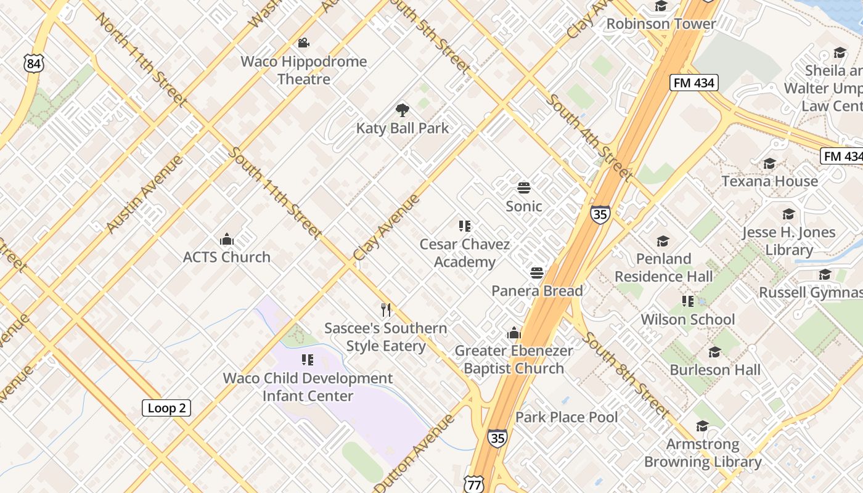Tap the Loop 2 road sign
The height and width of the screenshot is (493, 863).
(x=166, y=408)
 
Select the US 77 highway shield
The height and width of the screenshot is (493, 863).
(x=474, y=484)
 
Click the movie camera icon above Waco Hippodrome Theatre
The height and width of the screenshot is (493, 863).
(x=303, y=43)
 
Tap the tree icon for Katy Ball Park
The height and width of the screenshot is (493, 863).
(x=403, y=110)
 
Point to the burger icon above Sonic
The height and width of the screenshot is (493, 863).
(x=524, y=187)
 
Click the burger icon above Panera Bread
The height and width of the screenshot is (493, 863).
(x=537, y=272)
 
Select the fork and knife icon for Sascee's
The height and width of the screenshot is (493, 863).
(x=386, y=309)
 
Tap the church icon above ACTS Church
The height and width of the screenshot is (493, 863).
(x=227, y=239)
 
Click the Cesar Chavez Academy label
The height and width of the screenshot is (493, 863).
(x=465, y=253)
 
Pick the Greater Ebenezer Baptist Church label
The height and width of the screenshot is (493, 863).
(x=514, y=359)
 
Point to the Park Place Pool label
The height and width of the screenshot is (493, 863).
(x=566, y=417)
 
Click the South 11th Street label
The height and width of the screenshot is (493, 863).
(x=276, y=193)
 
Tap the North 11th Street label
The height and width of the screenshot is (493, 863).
(x=141, y=60)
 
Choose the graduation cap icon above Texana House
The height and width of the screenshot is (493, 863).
(x=769, y=164)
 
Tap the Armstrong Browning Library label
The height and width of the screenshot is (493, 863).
(x=703, y=453)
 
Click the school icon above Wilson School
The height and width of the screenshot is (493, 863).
(x=688, y=301)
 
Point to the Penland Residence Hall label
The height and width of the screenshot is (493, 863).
(x=664, y=267)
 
